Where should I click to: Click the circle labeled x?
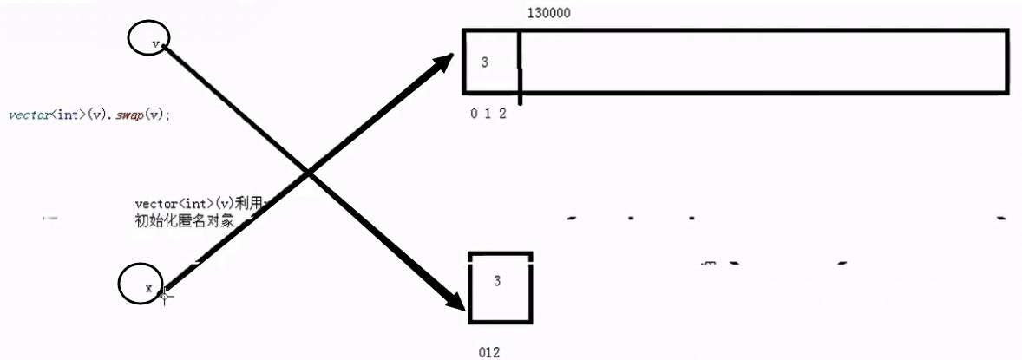(x=140, y=285)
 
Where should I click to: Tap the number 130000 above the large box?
(x=548, y=14)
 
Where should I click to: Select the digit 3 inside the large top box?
(x=484, y=62)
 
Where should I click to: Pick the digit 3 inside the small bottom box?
(x=497, y=281)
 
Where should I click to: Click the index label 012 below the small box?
(x=489, y=352)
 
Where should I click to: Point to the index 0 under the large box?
(x=474, y=114)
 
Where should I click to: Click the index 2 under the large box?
(x=502, y=114)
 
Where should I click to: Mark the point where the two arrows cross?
(x=308, y=174)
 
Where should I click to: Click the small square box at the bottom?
(x=500, y=287)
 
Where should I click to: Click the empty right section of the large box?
(x=763, y=62)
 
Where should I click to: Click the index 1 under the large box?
(x=488, y=114)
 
